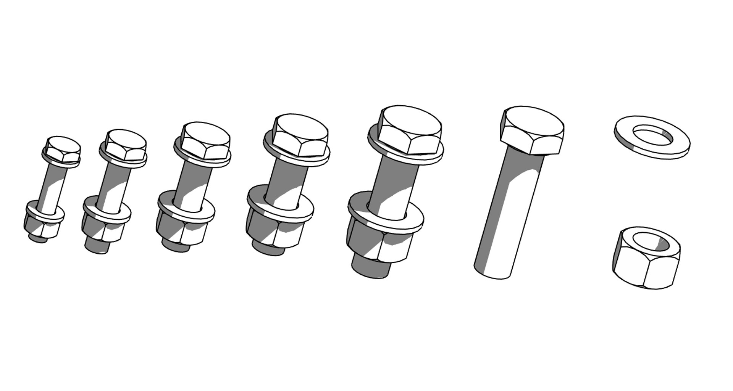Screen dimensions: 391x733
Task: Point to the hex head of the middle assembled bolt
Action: tap(205, 140)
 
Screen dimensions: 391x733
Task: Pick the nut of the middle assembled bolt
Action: tap(179, 231)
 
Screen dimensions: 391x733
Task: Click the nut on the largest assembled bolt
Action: tap(378, 244)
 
